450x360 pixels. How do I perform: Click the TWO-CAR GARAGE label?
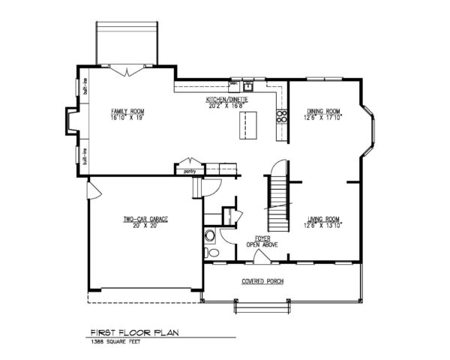(145, 218)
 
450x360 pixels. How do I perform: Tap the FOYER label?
(262, 238)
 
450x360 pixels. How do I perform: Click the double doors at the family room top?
(128, 70)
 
